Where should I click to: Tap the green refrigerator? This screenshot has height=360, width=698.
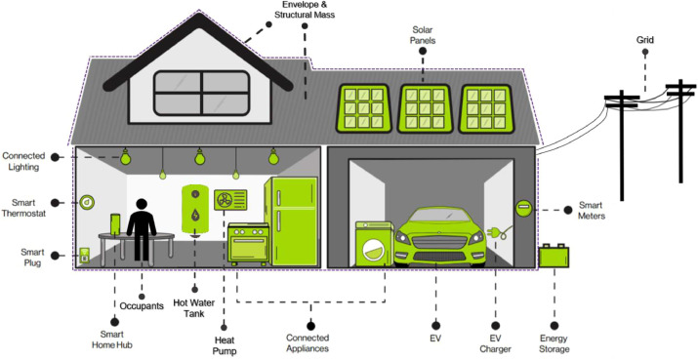click(x=292, y=217)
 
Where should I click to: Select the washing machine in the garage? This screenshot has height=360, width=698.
click(x=373, y=241)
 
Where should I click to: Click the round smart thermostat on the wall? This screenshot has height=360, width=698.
click(x=87, y=203)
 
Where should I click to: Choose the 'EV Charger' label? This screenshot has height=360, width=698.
click(x=494, y=342)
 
